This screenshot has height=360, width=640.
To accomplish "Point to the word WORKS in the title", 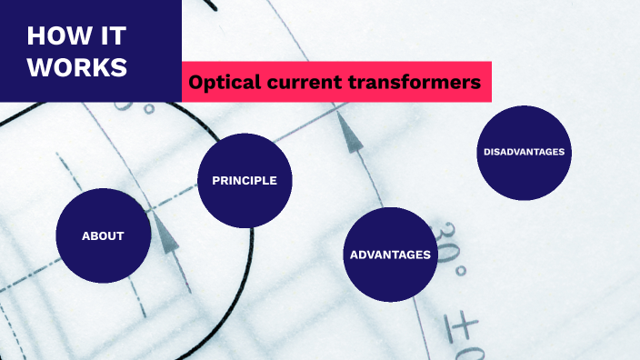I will (x=76, y=68).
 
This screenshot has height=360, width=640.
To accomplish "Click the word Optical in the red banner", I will (x=220, y=83).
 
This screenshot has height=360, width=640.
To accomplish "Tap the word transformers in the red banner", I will (x=414, y=83).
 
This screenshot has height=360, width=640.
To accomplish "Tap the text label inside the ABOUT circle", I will (x=103, y=236).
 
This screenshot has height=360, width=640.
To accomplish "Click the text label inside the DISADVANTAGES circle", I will (x=524, y=152).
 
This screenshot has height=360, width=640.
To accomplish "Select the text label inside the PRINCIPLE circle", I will (x=244, y=180).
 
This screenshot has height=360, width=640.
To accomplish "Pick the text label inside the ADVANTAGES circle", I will (x=389, y=255).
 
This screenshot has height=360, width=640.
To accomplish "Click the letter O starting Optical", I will (x=195, y=83).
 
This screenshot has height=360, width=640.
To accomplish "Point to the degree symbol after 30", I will (x=460, y=271).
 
